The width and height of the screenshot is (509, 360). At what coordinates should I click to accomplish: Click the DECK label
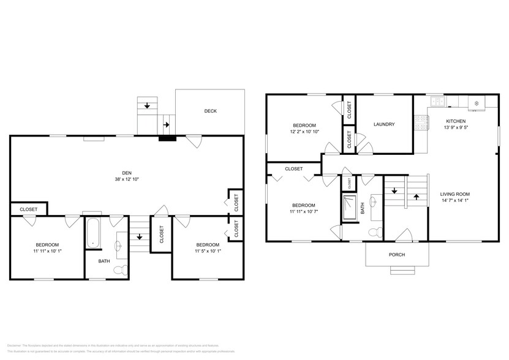click(x=211, y=111)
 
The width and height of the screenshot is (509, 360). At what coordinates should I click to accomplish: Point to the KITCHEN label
click(x=456, y=121)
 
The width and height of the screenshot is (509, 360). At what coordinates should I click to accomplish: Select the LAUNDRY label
click(x=384, y=124)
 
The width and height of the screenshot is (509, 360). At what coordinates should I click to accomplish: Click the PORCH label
click(x=397, y=255)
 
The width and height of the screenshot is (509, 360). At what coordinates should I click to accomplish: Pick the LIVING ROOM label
click(x=455, y=194)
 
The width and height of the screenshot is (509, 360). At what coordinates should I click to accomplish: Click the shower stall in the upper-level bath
click(x=349, y=208)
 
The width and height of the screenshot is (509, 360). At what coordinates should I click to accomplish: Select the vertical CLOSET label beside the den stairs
click(x=162, y=235)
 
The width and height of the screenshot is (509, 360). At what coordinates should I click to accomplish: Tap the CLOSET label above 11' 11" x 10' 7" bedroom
click(x=293, y=168)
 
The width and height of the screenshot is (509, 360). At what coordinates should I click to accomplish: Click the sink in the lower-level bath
click(x=119, y=246)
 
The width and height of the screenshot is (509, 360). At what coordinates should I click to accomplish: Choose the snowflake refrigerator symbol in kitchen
click(x=476, y=101)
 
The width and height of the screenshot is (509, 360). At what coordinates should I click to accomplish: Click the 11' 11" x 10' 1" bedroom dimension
click(x=47, y=251)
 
